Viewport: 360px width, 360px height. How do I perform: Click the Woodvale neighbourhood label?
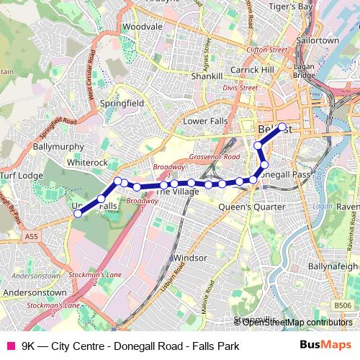(x=138, y=27)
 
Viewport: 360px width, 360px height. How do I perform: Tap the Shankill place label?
(x=207, y=75)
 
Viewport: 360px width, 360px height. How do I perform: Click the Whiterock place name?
(x=87, y=163)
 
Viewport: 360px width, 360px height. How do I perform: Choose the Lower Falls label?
(x=204, y=121)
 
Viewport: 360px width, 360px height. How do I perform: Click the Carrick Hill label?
(x=253, y=70)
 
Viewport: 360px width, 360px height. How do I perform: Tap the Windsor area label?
(x=191, y=257)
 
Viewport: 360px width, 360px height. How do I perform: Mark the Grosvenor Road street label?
(x=215, y=156)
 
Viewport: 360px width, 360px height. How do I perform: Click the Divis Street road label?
(x=240, y=88)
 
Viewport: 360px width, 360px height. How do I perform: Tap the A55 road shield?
(x=31, y=235)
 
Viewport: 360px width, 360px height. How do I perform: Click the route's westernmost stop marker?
(x=78, y=213)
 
